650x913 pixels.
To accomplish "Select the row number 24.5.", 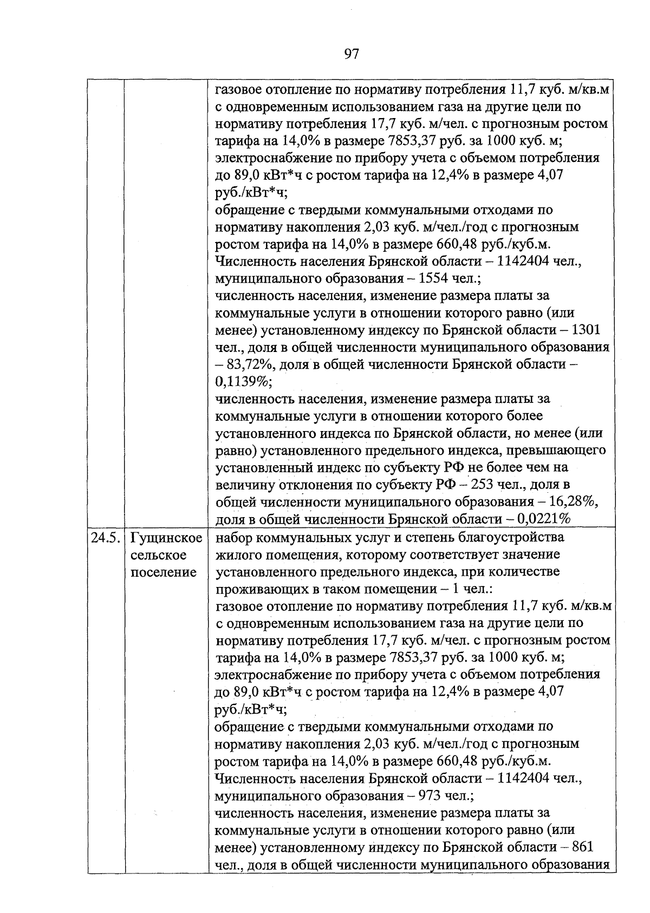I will coord(106,538).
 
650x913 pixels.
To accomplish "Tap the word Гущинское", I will coord(166,538).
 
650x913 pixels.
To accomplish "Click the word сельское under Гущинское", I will coord(159,556).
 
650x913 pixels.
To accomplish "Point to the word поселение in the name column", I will coord(164,572).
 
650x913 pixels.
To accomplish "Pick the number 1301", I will coord(586,330).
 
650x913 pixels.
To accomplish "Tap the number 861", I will coord(582,847).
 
